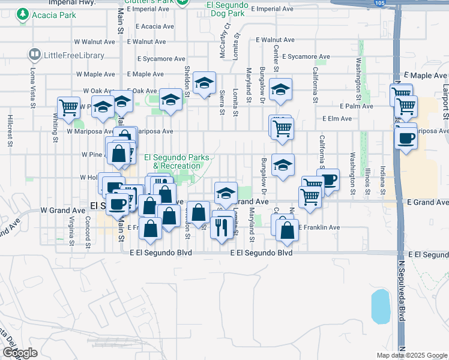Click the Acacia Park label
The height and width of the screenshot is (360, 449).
tap(54, 14)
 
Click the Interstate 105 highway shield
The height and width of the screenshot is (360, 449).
tap(379, 4)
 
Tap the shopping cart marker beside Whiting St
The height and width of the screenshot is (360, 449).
tap(68, 108)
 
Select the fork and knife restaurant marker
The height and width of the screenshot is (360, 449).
tap(223, 226)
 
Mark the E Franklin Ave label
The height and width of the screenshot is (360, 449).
tap(319, 228)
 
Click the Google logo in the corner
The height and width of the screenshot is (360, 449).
tap(20, 353)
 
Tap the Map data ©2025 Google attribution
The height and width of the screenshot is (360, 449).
tap(411, 355)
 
